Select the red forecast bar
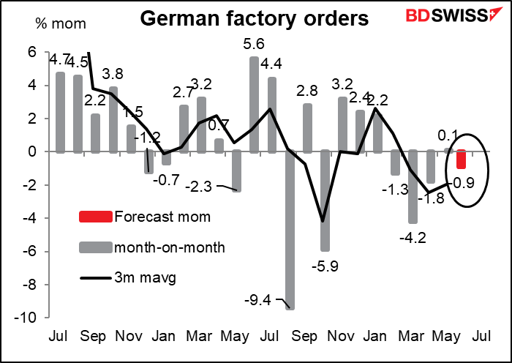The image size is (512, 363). tap(462, 159)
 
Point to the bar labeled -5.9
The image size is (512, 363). tap(325, 201)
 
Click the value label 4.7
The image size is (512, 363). tap(57, 57)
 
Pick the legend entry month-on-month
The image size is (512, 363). tap(164, 247)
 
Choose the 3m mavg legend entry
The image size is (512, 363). tap(139, 278)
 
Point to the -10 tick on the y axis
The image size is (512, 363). tap(29, 317)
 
